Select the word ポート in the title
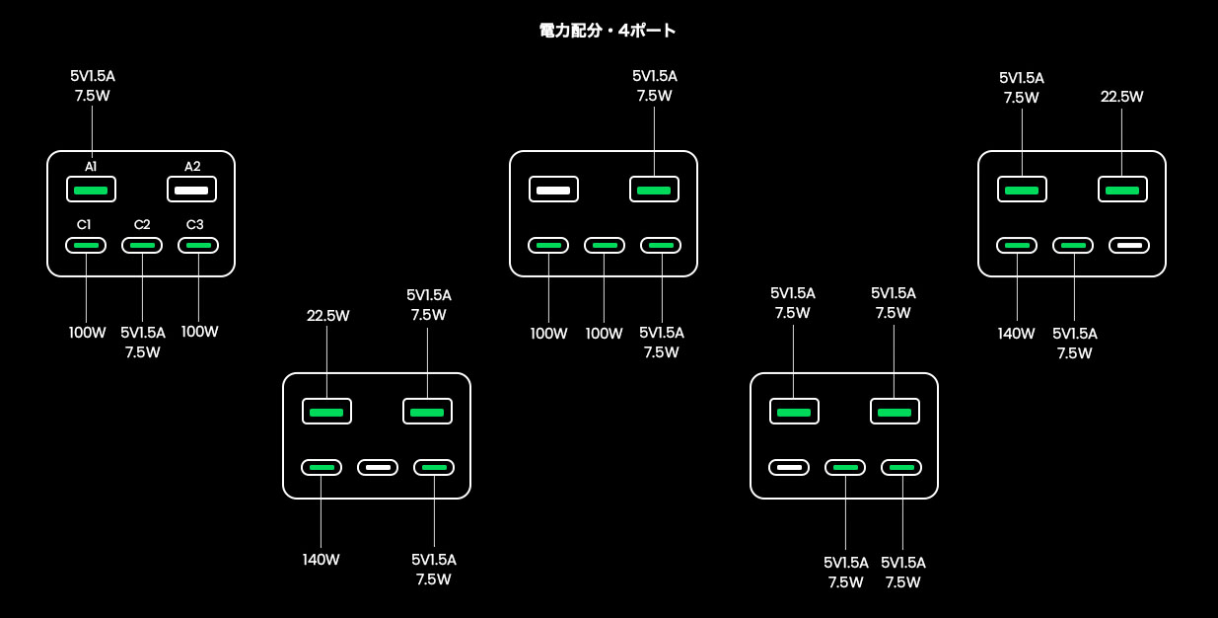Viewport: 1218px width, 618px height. point(655,31)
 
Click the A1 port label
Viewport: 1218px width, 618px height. point(91,167)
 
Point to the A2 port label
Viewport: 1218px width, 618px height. point(192,167)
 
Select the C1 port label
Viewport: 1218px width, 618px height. point(85,225)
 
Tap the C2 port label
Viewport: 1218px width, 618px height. point(142,225)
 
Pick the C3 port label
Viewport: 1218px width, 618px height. point(195,225)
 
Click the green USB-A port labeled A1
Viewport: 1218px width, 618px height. point(92,189)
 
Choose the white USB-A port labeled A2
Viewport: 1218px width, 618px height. point(191,189)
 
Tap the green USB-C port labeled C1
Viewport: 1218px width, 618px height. point(86,245)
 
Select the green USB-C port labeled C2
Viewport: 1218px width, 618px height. point(142,245)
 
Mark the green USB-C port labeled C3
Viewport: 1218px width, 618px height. point(198,245)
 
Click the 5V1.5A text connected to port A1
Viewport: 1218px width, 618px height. point(93,76)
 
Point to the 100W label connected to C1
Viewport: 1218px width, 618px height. point(87,333)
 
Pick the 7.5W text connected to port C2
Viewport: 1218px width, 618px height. point(142,352)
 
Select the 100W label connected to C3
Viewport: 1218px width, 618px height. point(199,332)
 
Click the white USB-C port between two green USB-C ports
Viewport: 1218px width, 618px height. point(377,467)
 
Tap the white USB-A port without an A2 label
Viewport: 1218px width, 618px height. point(553,189)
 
